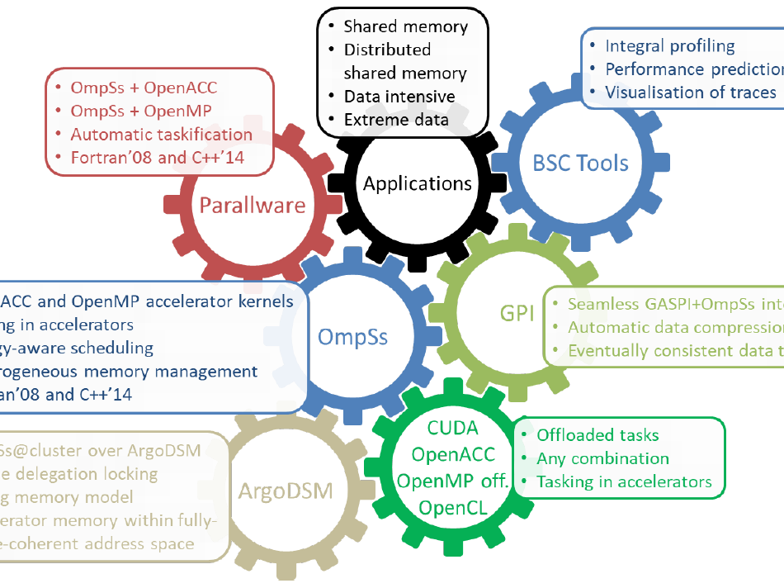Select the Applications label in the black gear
[417, 183]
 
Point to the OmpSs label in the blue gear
[352, 336]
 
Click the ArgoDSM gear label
[285, 491]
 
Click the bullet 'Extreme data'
[396, 120]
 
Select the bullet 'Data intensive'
[399, 97]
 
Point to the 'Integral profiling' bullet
[669, 46]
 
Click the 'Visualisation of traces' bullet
[691, 92]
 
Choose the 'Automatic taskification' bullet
[162, 134]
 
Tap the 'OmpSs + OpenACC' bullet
[144, 88]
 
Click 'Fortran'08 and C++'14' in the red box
[158, 157]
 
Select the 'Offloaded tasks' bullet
[597, 435]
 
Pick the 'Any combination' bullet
[602, 458]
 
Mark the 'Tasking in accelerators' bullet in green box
[624, 481]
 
